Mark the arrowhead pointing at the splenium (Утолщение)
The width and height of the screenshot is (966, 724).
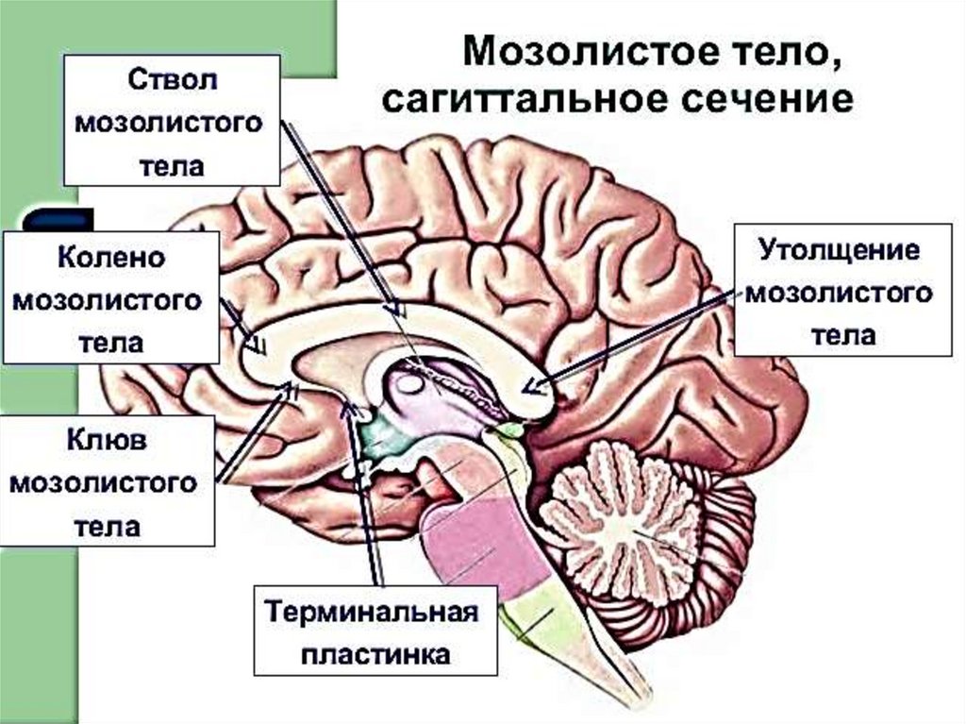(532, 386)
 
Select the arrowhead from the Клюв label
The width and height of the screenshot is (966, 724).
(287, 390)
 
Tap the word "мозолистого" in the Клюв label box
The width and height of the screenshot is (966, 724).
(106, 483)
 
